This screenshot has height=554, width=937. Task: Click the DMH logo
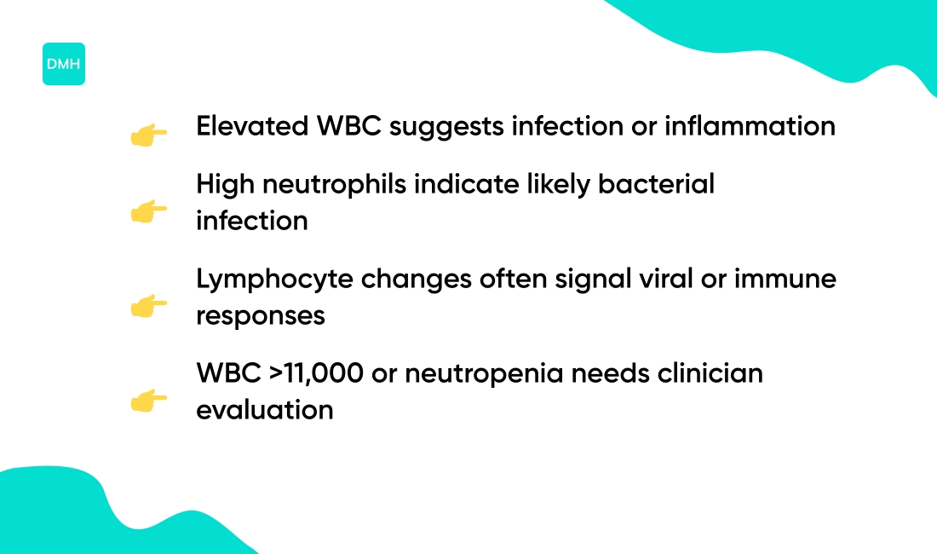coord(64,64)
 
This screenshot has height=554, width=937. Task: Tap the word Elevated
coord(251,126)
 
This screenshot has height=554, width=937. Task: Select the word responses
coord(261,316)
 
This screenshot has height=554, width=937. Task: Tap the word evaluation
coord(264,410)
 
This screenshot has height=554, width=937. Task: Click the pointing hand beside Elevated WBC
coord(149,135)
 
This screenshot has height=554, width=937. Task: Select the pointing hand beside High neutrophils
coord(149,211)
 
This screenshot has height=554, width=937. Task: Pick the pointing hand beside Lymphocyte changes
coord(149,306)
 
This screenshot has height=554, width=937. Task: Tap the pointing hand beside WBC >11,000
coord(149,401)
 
